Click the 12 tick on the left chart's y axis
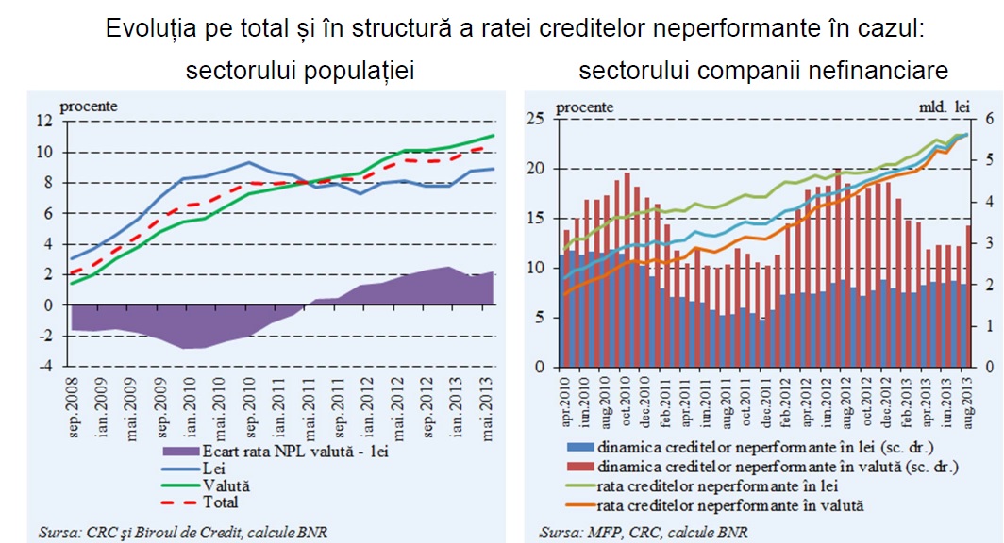[x=44, y=122]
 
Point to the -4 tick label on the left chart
[x=44, y=367]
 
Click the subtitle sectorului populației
[x=300, y=72]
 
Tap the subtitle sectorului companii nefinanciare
[x=763, y=72]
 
